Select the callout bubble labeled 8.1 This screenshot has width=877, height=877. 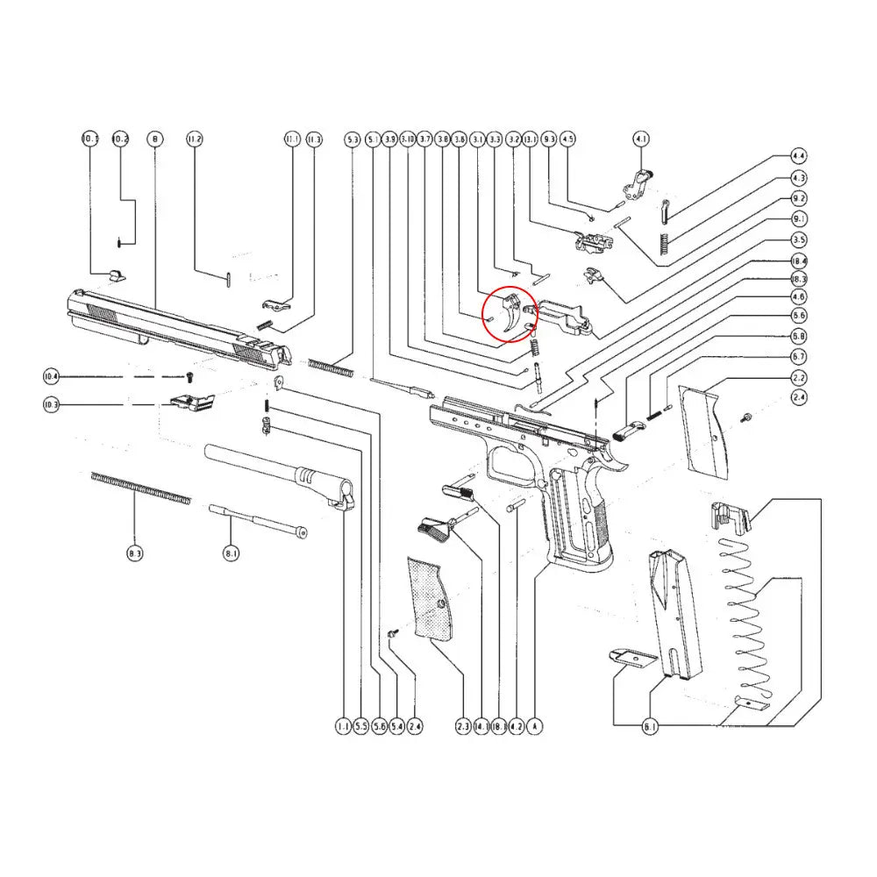[231, 554]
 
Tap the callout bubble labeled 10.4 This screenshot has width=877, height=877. [52, 377]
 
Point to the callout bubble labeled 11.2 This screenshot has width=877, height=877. [195, 139]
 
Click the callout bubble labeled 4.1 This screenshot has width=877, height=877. [642, 139]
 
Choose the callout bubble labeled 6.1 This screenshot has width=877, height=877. [650, 726]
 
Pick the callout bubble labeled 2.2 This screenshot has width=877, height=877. [799, 377]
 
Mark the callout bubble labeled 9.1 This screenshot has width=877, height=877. [799, 219]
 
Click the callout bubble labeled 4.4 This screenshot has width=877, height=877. [799, 156]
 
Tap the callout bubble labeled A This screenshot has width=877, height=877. [535, 726]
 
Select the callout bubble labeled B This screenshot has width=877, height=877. [155, 139]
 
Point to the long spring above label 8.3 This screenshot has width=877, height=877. [140, 488]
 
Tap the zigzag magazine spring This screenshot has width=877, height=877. [745, 614]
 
